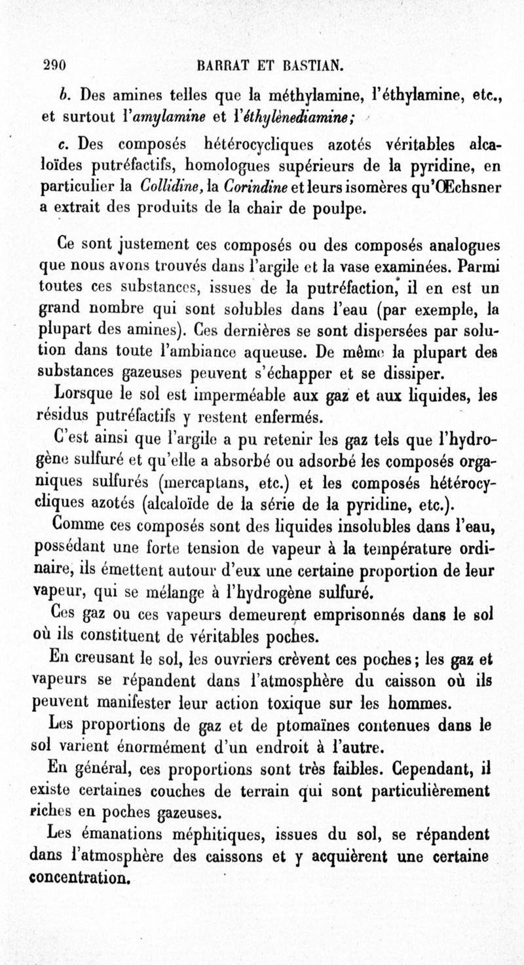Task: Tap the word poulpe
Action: [331, 210]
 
